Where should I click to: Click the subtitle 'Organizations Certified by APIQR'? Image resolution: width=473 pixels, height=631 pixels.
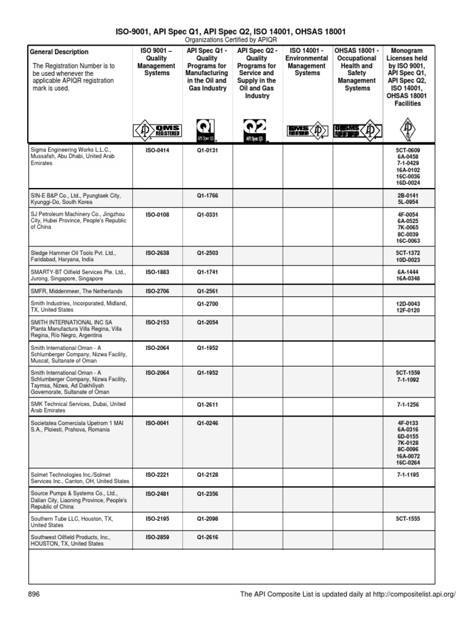236,40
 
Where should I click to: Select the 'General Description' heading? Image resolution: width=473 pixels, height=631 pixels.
59,52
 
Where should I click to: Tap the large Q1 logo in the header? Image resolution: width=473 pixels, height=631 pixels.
207,130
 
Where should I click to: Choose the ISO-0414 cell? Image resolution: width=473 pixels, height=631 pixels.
158,150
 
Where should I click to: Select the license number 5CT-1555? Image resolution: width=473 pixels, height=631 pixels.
408,519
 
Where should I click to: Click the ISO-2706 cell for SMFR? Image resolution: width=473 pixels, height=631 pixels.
158,291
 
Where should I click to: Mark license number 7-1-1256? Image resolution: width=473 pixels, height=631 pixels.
408,404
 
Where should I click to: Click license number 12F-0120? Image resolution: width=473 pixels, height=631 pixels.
408,311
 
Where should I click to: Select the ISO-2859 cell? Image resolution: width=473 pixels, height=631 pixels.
158,537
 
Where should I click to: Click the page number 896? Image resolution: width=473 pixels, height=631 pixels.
34,594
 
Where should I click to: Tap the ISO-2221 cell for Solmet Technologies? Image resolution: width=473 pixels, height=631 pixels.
158,474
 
